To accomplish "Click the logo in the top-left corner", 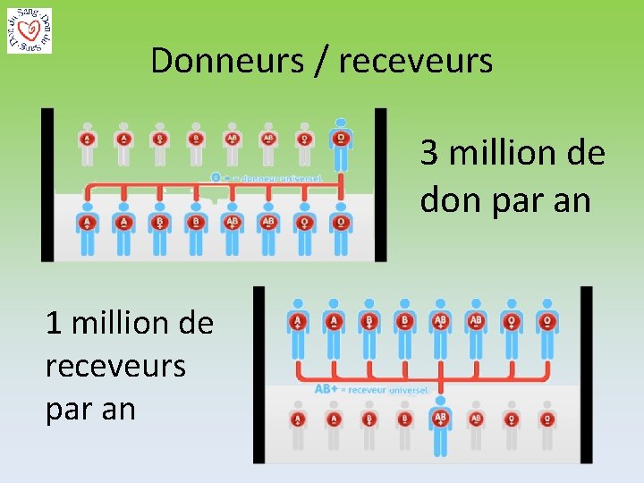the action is click(29, 30).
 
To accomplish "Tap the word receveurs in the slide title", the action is click(416, 61).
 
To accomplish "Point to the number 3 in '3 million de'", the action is click(430, 153).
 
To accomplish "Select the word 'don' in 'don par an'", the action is click(450, 200).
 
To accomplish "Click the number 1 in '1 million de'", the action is click(54, 322).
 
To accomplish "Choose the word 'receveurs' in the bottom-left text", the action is click(115, 365).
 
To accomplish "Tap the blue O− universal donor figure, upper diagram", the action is click(340, 143).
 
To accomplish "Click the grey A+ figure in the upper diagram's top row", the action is click(87, 143).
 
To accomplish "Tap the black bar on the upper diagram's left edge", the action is click(47, 184).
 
